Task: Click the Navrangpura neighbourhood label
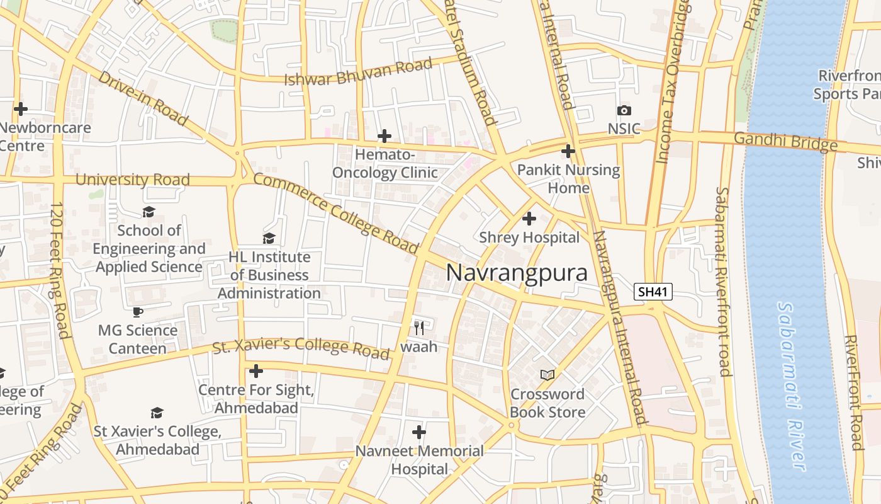pyautogui.click(x=517, y=273)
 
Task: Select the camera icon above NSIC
pyautogui.click(x=624, y=111)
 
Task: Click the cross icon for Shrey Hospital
pyautogui.click(x=529, y=219)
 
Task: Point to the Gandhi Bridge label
pyautogui.click(x=786, y=141)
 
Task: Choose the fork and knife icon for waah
pyautogui.click(x=419, y=328)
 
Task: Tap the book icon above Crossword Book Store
pyautogui.click(x=547, y=375)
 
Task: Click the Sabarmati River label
pyautogui.click(x=792, y=386)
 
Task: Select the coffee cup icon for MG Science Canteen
pyautogui.click(x=138, y=312)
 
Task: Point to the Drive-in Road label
pyautogui.click(x=143, y=98)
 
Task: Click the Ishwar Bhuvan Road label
pyautogui.click(x=359, y=72)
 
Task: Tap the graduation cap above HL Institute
pyautogui.click(x=269, y=238)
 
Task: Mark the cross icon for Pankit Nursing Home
pyautogui.click(x=568, y=151)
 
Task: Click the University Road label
pyautogui.click(x=132, y=180)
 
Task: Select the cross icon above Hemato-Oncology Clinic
pyautogui.click(x=384, y=136)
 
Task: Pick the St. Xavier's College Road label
pyautogui.click(x=301, y=348)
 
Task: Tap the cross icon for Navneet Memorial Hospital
pyautogui.click(x=419, y=432)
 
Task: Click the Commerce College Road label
pyautogui.click(x=336, y=214)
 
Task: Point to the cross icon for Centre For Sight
pyautogui.click(x=255, y=370)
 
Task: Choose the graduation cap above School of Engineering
pyautogui.click(x=149, y=212)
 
